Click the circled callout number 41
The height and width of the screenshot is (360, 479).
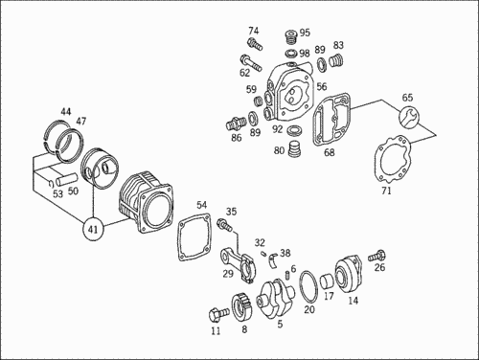pos(93,229)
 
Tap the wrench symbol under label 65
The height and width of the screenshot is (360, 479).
pos(408,116)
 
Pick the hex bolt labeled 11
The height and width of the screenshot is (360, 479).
pos(218,314)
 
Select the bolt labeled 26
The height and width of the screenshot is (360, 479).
pos(376,256)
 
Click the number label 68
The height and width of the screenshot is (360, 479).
pos(330,152)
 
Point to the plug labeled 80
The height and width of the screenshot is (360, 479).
pos(295,149)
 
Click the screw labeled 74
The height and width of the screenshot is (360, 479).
pos(255,44)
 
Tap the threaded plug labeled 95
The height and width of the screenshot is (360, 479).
pos(291,38)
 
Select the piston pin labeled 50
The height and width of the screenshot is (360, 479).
pos(67,179)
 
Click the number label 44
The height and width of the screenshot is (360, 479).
pos(66,112)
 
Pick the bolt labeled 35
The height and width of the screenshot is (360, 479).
pos(225,224)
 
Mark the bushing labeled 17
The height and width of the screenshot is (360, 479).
pos(327,281)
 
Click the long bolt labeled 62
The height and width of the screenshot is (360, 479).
pos(251,63)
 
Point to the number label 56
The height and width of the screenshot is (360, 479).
pos(322,86)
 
